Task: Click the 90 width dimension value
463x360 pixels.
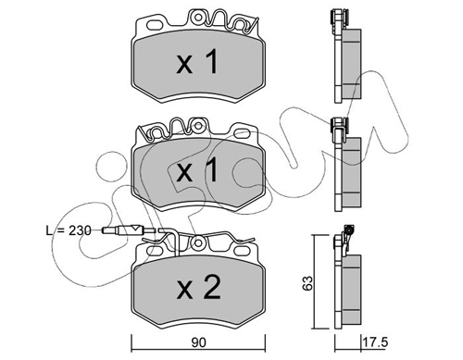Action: (x=198, y=342)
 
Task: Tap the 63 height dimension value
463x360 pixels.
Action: (x=307, y=283)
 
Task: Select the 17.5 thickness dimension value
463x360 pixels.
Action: (x=375, y=342)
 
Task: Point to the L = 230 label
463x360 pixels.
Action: (x=69, y=230)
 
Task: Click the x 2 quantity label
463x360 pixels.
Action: (x=198, y=288)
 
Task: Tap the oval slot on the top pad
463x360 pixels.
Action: (x=156, y=25)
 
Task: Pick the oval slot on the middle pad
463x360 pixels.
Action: (x=243, y=133)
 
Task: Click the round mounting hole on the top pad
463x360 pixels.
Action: (x=199, y=17)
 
